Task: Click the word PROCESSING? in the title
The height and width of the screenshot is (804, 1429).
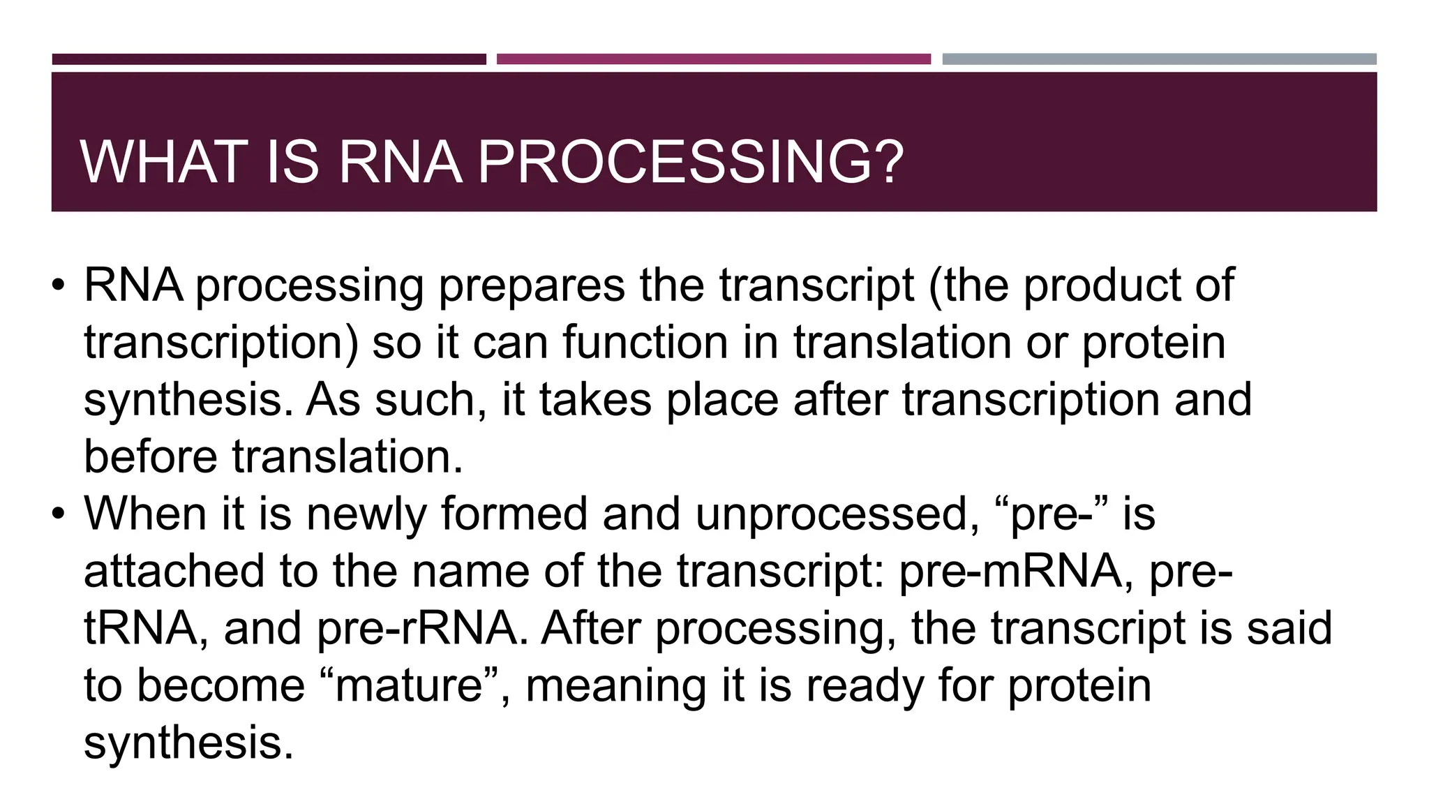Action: coord(690,162)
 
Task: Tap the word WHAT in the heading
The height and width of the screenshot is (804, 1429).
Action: coord(165,162)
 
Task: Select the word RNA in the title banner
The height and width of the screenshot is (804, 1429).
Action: coord(400,162)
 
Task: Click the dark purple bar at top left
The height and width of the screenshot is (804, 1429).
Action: coord(269,59)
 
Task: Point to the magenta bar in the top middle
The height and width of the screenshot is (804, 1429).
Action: coord(713,59)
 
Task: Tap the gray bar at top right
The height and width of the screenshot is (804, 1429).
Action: coord(1159,59)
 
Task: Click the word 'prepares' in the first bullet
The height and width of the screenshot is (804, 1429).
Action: coord(531,285)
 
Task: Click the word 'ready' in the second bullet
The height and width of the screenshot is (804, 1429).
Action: coord(865,686)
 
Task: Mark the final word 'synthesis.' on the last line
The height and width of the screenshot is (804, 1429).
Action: coord(188,743)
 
